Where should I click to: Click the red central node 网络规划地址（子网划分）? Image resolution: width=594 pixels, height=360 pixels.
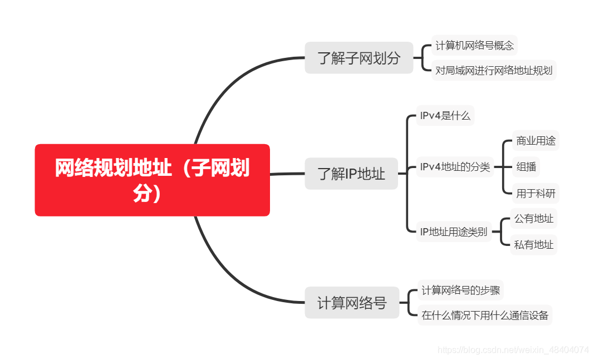pos(152,180)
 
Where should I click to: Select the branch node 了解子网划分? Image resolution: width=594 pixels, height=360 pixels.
pos(359,58)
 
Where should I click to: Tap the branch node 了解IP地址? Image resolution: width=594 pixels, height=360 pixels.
pos(351,174)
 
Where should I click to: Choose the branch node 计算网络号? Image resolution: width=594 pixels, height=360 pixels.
pos(352,303)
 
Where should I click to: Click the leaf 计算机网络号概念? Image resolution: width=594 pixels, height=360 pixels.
pos(474,46)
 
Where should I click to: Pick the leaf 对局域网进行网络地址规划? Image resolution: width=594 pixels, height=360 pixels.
pos(493,71)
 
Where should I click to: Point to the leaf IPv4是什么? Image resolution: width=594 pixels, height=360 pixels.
pos(445,116)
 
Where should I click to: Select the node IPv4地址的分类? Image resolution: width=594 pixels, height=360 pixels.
pos(455,167)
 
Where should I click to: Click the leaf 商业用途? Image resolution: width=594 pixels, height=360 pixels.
pos(536,140)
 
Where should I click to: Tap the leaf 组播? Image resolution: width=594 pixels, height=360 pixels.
pos(526,166)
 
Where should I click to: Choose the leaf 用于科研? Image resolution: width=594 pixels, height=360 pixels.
pos(536,193)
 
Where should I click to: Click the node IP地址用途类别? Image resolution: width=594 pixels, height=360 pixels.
pos(453,231)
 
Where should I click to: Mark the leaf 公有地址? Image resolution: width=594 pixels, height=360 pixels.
pos(533,219)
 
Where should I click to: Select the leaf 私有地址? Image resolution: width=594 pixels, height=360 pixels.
pos(533,244)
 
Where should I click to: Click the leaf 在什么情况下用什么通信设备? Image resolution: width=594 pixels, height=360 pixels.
pos(484,315)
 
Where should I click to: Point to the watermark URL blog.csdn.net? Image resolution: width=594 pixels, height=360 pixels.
pos(513,350)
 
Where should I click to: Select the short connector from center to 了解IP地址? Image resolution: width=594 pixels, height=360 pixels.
pos(287,174)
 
